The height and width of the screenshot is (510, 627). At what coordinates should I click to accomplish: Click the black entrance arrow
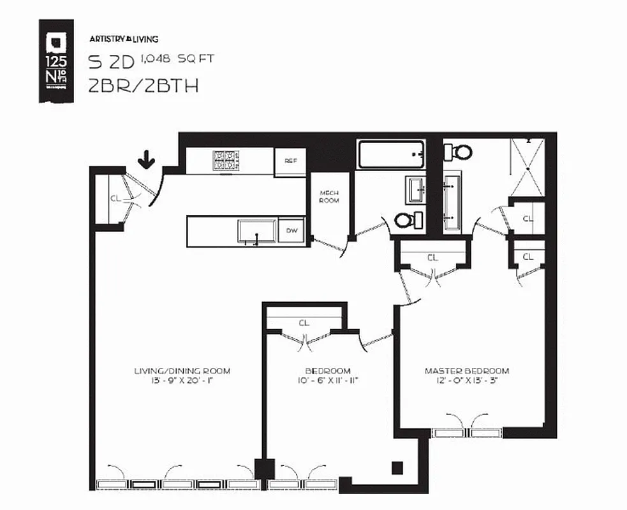tap(147, 159)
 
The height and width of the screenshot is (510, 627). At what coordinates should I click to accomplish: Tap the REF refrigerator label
tap(290, 161)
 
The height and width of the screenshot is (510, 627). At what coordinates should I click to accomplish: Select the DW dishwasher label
tap(291, 231)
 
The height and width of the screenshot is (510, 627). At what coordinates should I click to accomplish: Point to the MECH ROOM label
tap(329, 196)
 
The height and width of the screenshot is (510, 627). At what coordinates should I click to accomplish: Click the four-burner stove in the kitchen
tap(226, 160)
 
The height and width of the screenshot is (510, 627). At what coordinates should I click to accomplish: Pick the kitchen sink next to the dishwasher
tap(256, 230)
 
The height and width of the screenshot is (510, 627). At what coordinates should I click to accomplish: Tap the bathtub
tap(390, 155)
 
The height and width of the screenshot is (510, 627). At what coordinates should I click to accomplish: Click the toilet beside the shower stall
tap(458, 152)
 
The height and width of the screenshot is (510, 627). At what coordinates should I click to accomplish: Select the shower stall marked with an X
tap(527, 166)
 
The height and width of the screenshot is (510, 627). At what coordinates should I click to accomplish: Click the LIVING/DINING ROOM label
tap(182, 370)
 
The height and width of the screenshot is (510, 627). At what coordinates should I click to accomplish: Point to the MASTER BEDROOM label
tap(467, 370)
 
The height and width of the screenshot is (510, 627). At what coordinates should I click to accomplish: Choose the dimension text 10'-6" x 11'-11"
tap(327, 381)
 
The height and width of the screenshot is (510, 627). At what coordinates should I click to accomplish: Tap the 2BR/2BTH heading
tap(144, 85)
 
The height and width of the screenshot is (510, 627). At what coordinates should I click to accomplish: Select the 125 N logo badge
tap(55, 61)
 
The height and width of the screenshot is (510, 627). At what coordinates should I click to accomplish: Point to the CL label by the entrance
tap(115, 198)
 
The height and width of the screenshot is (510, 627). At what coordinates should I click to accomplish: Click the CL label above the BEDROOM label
tap(304, 323)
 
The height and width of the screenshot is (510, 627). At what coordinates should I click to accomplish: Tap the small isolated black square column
tap(397, 467)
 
